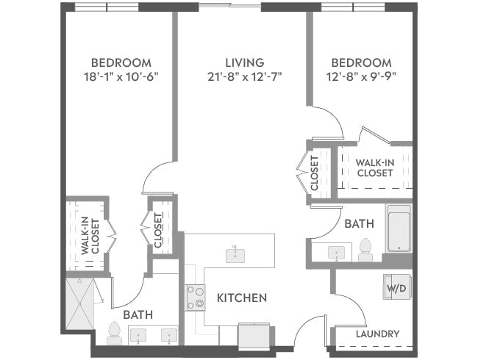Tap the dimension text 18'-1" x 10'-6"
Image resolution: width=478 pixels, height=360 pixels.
121,76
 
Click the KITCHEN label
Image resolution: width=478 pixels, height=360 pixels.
241,298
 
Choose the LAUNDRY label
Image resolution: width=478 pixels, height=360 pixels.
377,334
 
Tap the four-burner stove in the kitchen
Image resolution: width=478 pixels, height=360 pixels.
195,297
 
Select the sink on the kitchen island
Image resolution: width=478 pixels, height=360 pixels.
235,254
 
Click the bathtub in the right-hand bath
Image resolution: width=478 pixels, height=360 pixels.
399,228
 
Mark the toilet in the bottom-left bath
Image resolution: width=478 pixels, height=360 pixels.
114,334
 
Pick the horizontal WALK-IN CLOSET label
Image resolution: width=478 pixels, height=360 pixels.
374,168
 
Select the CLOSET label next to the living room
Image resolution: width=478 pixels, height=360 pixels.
315,173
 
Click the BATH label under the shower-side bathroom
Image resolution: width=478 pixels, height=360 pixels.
138,314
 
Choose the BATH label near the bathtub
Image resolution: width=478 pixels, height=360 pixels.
359,223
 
